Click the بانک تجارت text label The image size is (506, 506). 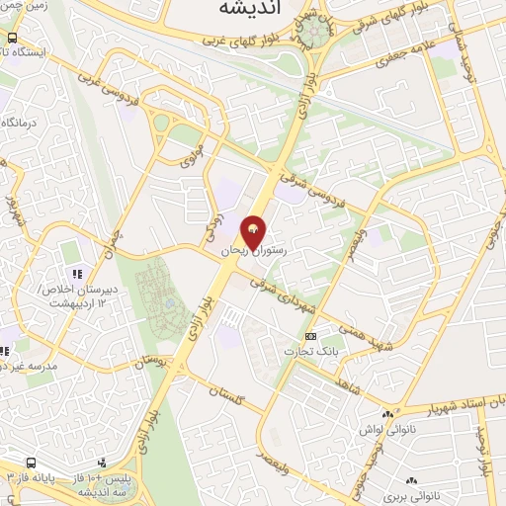click(x=308, y=352)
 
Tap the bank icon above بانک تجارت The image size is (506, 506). click(x=310, y=336)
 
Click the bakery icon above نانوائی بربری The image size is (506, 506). click(x=392, y=473)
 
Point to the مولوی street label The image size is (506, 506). click(x=190, y=149)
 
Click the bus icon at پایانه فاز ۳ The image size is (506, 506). click(x=32, y=463)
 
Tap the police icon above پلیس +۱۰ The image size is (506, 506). click(x=103, y=463)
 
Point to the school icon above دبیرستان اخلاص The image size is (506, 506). click(x=73, y=273)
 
